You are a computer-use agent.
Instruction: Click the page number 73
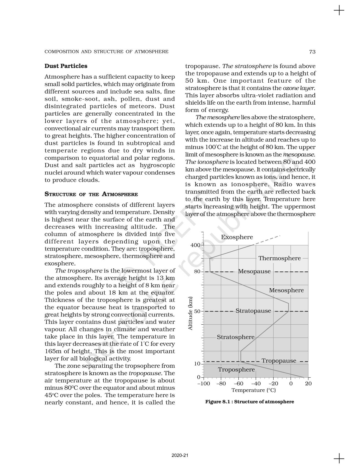click(x=312, y=52)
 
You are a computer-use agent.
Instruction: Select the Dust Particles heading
click(x=66, y=66)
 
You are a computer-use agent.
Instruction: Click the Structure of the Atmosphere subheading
click(x=91, y=194)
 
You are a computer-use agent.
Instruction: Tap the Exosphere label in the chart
click(x=237, y=237)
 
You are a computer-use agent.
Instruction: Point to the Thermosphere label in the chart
click(x=279, y=258)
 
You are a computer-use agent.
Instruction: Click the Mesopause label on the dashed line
click(x=254, y=271)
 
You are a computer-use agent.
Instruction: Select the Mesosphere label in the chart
click(x=286, y=290)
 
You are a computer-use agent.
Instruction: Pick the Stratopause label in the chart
click(x=253, y=311)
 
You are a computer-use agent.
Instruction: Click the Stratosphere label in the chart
click(x=235, y=337)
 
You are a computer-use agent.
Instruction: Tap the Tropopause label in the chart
click(x=279, y=361)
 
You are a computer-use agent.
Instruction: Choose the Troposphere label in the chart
click(x=236, y=370)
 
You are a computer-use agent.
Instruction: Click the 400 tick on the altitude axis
click(x=195, y=245)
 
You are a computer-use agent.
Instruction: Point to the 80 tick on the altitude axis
click(x=197, y=272)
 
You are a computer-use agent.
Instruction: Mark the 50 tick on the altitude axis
click(x=197, y=311)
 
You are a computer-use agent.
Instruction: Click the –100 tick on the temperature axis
click(x=203, y=384)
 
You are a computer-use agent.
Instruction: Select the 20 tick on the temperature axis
click(x=308, y=384)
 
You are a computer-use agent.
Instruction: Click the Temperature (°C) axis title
click(x=254, y=390)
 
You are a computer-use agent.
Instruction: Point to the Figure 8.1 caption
click(x=249, y=402)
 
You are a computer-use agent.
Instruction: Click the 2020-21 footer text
click(x=180, y=455)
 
